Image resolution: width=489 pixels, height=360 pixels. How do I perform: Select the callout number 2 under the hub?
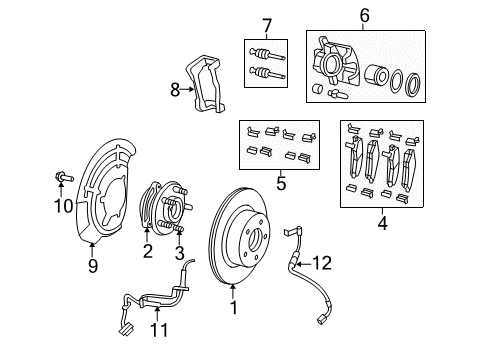tap(147, 252)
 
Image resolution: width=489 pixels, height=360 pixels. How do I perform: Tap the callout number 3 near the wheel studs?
tap(180, 252)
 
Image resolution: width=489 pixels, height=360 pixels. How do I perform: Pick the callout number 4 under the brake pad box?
tap(381, 225)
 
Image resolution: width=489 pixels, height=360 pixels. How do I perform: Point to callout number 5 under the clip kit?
tap(281, 183)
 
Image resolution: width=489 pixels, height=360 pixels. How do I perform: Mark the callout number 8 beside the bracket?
tap(175, 89)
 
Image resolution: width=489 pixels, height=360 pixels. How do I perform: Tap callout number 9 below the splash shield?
tap(92, 266)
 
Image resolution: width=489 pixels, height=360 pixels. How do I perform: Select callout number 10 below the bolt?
tap(62, 206)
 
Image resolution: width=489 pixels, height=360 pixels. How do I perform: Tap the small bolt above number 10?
tap(61, 180)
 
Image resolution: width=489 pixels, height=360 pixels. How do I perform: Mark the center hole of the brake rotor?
tap(254, 239)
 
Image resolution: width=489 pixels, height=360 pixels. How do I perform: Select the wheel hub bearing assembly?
tap(161, 211)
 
